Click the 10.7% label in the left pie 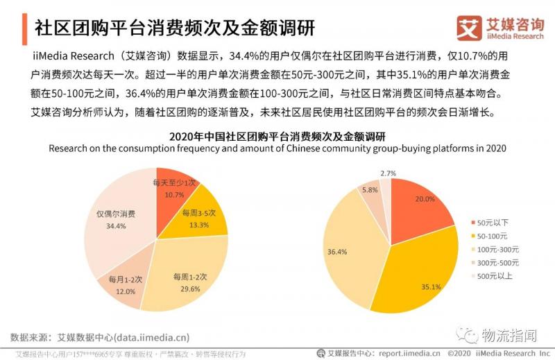click(x=174, y=195)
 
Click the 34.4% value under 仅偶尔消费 click(x=117, y=225)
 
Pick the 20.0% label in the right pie click(x=424, y=199)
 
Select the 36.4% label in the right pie click(x=337, y=251)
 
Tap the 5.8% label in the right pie click(x=370, y=190)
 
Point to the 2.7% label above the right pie click(x=388, y=173)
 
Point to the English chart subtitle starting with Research click(x=277, y=148)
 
